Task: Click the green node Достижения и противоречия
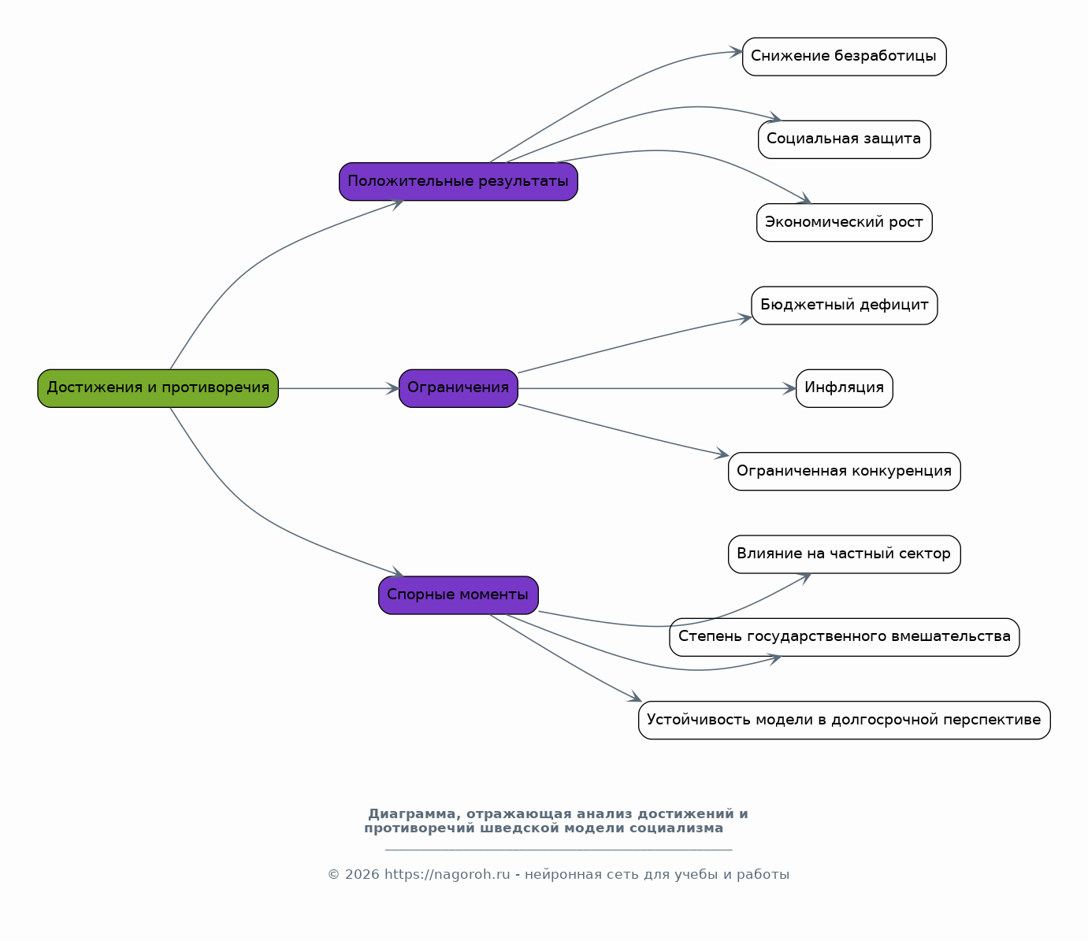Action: click(x=158, y=388)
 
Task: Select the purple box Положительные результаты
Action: click(x=458, y=181)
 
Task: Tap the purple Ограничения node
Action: click(x=458, y=388)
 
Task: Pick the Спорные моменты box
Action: click(x=458, y=595)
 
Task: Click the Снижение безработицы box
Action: click(x=844, y=56)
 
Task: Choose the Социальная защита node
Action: click(x=844, y=139)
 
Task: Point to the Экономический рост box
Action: click(x=844, y=223)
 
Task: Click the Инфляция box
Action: click(x=844, y=388)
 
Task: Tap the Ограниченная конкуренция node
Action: click(x=844, y=472)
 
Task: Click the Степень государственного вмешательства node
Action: click(x=844, y=637)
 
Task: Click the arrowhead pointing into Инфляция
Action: click(x=789, y=389)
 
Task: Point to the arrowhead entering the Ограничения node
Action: click(x=392, y=389)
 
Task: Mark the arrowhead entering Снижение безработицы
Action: click(x=736, y=52)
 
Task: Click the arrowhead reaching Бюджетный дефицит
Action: click(x=745, y=319)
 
